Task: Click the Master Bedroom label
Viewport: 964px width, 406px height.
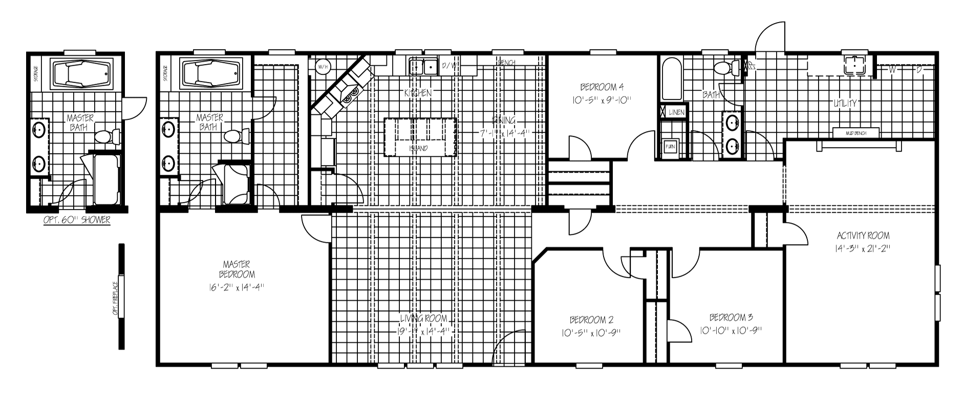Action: pyautogui.click(x=237, y=269)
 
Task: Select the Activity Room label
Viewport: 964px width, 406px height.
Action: pyautogui.click(x=863, y=236)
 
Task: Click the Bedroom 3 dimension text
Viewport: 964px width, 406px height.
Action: pyautogui.click(x=731, y=331)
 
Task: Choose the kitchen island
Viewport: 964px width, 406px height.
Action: pyautogui.click(x=420, y=137)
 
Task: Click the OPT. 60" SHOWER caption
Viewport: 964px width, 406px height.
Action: pyautogui.click(x=77, y=220)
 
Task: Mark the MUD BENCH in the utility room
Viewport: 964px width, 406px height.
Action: pyautogui.click(x=855, y=133)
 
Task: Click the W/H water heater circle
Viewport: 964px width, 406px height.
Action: pyautogui.click(x=323, y=67)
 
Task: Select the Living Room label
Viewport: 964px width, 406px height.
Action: pyautogui.click(x=423, y=319)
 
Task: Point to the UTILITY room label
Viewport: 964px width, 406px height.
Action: pyautogui.click(x=845, y=103)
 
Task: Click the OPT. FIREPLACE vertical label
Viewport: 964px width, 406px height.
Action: pyautogui.click(x=116, y=298)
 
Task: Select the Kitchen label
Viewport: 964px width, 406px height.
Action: pyautogui.click(x=418, y=93)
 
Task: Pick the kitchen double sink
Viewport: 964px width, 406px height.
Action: pyautogui.click(x=423, y=66)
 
